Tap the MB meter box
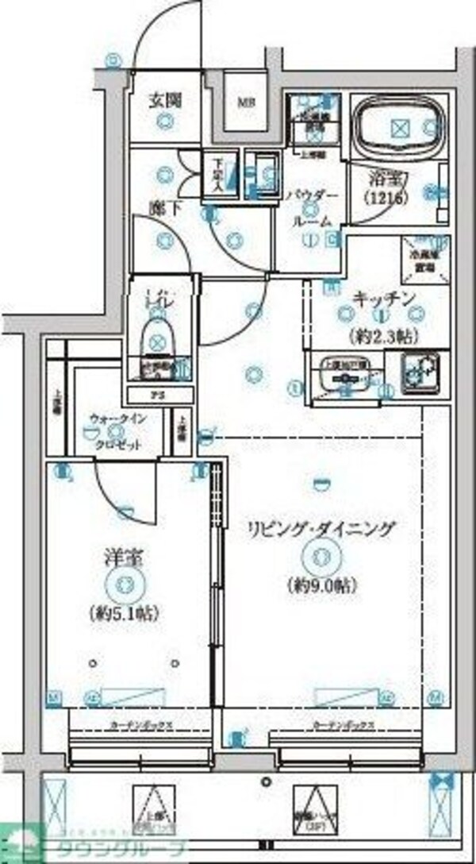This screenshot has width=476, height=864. point(242,102)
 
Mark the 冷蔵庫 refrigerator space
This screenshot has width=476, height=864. point(420,257)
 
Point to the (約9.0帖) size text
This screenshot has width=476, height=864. point(321,586)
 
